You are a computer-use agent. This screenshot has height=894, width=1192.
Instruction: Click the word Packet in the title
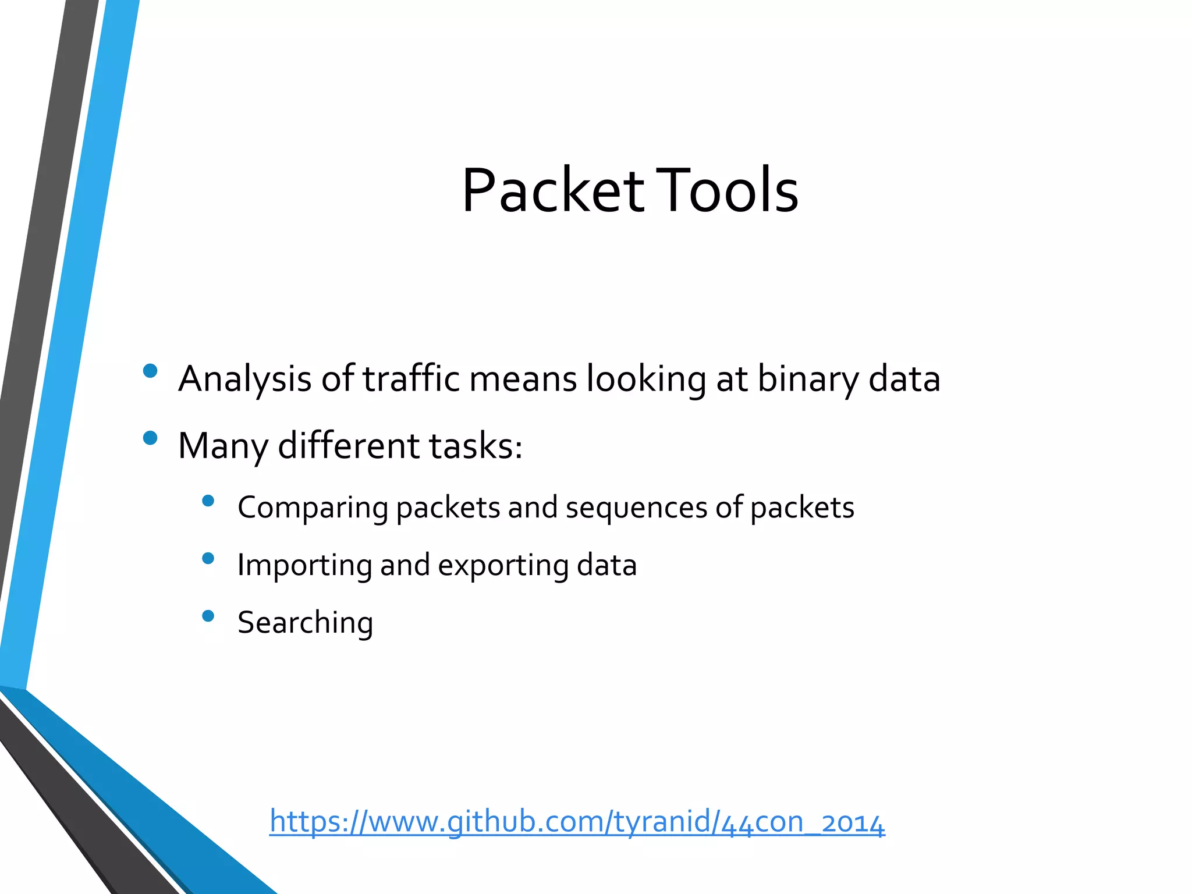tap(553, 191)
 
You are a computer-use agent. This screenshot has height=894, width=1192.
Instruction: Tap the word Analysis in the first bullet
tap(245, 379)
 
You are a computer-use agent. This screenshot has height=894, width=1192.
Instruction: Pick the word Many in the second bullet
tap(223, 446)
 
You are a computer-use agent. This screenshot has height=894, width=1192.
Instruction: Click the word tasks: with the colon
tap(476, 446)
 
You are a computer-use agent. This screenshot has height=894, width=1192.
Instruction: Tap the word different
tap(349, 446)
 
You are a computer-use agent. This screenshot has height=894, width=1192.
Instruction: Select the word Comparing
tap(313, 508)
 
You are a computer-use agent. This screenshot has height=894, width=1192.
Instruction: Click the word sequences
tap(636, 508)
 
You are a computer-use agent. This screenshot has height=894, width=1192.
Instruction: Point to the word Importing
tap(304, 565)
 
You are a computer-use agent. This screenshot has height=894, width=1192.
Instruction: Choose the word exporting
tap(503, 566)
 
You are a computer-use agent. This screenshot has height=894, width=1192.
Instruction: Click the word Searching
tap(305, 623)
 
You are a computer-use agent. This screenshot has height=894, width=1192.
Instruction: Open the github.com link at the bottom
tap(577, 822)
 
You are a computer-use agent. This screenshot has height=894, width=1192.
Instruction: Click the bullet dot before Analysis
tap(150, 371)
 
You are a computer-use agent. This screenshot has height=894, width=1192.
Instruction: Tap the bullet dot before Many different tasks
tap(150, 438)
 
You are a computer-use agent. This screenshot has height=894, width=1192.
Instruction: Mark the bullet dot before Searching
tap(208, 616)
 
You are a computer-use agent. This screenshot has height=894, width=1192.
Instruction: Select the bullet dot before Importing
tap(208, 559)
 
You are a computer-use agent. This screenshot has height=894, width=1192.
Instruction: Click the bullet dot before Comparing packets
tap(208, 501)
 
